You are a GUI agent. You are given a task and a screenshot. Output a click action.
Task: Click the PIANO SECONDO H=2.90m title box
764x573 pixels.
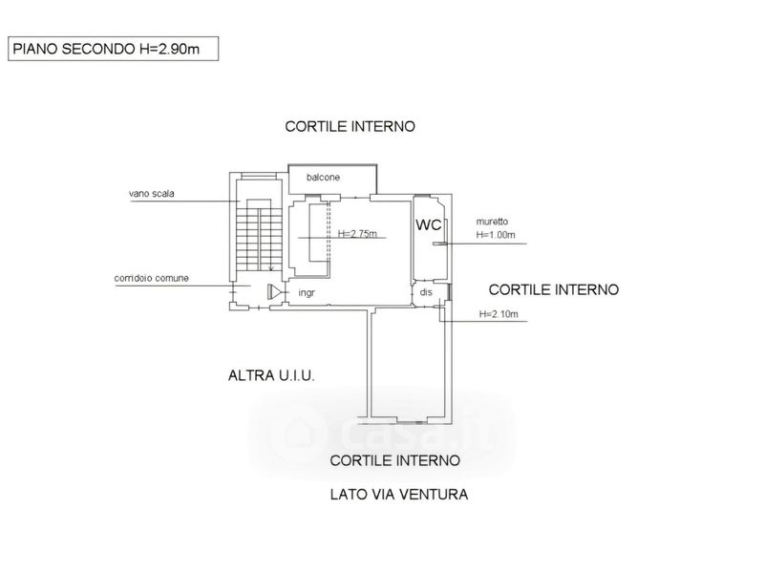113,49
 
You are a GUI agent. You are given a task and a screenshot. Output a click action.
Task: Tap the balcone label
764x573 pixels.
323,178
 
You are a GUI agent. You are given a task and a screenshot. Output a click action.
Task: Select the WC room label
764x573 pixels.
428,224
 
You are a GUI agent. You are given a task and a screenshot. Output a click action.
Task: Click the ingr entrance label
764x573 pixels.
307,293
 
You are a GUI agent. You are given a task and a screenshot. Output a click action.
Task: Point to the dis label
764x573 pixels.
426,292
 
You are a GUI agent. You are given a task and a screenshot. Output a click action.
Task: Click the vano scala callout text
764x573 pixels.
152,194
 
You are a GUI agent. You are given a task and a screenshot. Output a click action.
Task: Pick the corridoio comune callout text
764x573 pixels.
152,278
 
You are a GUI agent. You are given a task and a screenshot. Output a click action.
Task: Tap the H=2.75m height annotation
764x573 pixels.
357,233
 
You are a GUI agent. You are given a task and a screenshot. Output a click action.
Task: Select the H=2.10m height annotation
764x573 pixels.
499,314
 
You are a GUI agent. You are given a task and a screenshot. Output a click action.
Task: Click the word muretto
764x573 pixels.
492,222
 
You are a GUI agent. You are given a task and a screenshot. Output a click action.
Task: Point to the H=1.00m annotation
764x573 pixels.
496,235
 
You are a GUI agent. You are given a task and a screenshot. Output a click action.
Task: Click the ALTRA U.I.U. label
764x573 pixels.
271,375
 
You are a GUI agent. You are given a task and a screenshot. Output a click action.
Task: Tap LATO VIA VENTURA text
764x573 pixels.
399,495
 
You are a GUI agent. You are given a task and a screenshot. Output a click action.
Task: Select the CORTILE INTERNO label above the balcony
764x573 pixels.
350,127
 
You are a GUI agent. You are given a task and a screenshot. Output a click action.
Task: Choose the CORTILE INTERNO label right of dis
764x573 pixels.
554,290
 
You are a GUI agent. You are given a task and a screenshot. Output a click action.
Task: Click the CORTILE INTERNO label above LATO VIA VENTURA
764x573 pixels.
395,460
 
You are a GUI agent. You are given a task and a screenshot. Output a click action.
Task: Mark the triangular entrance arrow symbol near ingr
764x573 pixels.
275,292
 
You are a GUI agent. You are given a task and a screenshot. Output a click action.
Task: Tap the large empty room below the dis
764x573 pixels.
408,365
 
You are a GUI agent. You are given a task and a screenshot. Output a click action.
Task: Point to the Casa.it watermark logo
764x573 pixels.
383,433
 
